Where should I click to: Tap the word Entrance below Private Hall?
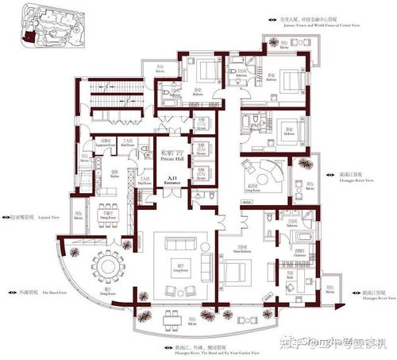pyautogui.click(x=172, y=183)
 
